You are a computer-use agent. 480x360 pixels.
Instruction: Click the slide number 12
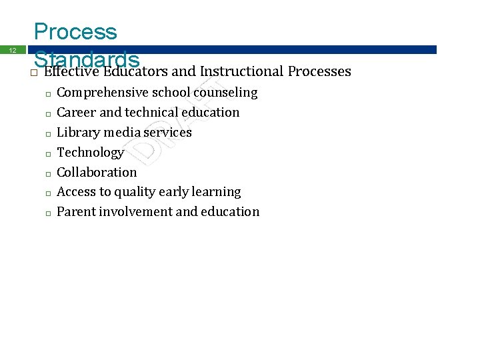click(12, 50)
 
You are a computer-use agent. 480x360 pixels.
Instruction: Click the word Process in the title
click(75, 31)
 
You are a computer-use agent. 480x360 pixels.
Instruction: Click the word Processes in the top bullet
click(319, 71)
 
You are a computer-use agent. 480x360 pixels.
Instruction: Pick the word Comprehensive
click(103, 93)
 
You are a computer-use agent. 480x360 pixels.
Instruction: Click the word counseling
click(225, 93)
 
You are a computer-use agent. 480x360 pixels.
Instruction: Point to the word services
click(167, 132)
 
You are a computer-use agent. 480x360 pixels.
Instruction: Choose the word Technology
click(91, 153)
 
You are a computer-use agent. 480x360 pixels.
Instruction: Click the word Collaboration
click(97, 172)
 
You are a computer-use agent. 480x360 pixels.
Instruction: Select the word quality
click(135, 192)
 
